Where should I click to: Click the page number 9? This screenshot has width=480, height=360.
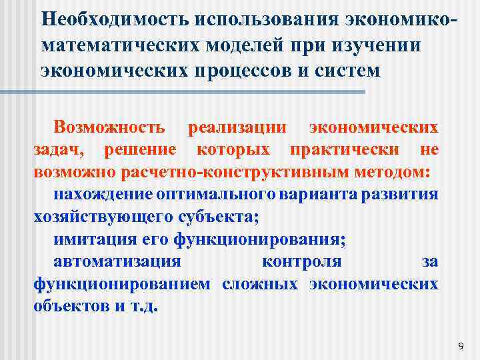(461, 345)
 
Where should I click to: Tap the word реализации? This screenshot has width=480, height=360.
(237, 127)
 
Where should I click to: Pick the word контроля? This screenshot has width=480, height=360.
(302, 261)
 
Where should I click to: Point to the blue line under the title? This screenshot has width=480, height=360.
(200, 91)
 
